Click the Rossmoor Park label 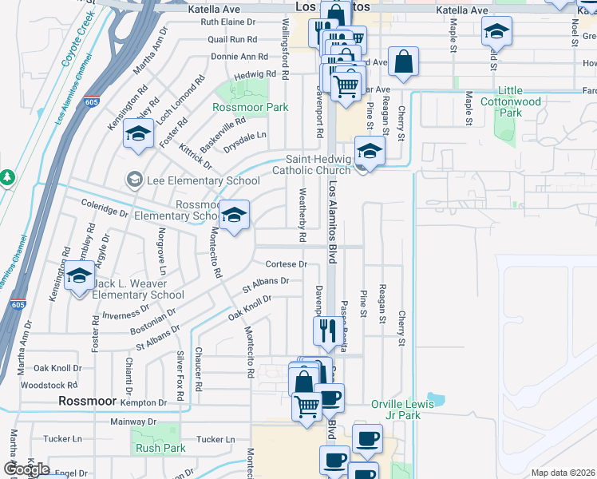point(250,107)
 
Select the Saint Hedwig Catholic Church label point(312,164)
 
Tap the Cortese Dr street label point(286,264)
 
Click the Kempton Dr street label point(146,403)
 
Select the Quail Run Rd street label point(231,38)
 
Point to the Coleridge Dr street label point(105,213)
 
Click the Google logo point(26,469)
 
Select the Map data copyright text point(563,473)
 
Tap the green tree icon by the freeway point(7,176)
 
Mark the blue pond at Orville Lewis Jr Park point(436,398)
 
